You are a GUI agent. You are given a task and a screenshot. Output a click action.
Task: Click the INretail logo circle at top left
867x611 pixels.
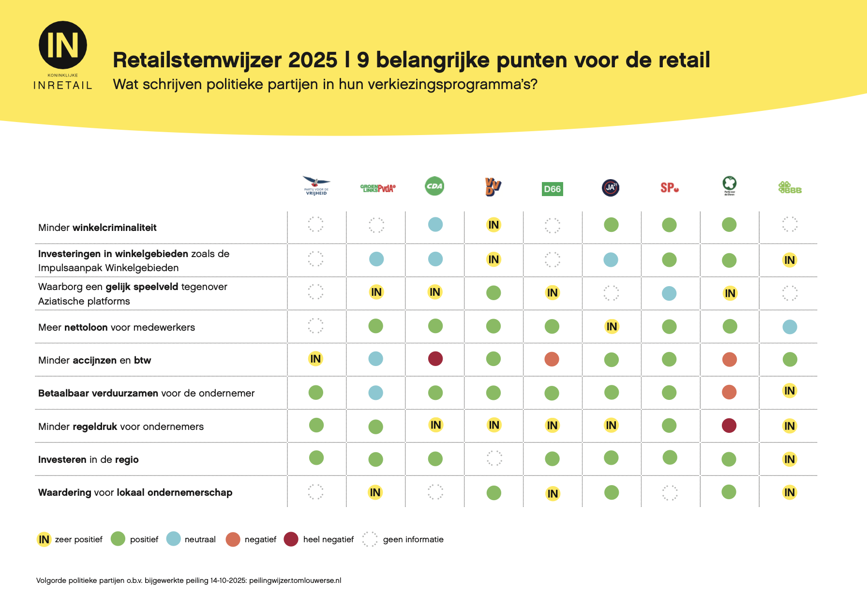pyautogui.click(x=63, y=45)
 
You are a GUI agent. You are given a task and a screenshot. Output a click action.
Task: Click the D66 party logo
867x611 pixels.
pyautogui.click(x=552, y=189)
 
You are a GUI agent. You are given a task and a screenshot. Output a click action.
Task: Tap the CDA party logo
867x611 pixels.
pyautogui.click(x=434, y=186)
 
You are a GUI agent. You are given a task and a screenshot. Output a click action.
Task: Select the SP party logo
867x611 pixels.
pyautogui.click(x=669, y=188)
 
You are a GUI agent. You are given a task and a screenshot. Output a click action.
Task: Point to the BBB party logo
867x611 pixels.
pyautogui.click(x=790, y=188)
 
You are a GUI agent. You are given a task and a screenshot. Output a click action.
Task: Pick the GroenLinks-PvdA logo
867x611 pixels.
pyautogui.click(x=378, y=188)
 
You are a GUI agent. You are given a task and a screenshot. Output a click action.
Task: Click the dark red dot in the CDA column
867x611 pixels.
pyautogui.click(x=435, y=359)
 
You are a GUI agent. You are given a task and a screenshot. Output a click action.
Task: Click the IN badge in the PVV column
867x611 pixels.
pyautogui.click(x=315, y=359)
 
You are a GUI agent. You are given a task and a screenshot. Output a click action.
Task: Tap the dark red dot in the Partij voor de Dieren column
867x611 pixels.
pyautogui.click(x=729, y=426)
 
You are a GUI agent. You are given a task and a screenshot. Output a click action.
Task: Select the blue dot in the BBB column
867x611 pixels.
pyautogui.click(x=790, y=327)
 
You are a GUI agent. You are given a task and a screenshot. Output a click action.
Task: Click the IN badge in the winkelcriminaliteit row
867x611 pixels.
pyautogui.click(x=493, y=225)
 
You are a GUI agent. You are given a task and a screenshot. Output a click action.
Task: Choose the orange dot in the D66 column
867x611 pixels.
pyautogui.click(x=552, y=359)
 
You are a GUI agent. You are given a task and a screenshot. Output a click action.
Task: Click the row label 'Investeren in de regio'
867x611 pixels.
pyautogui.click(x=88, y=459)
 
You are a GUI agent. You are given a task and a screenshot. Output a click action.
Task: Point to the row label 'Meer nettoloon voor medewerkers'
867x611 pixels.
pyautogui.click(x=116, y=327)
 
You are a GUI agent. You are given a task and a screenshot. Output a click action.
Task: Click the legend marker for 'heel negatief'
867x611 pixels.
pyautogui.click(x=291, y=539)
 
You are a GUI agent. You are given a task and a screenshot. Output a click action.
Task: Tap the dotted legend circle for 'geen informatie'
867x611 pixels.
pyautogui.click(x=370, y=539)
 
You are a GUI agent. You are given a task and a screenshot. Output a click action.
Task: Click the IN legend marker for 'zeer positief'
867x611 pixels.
pyautogui.click(x=44, y=539)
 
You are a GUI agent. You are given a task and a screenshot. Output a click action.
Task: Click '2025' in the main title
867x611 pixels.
pyautogui.click(x=313, y=60)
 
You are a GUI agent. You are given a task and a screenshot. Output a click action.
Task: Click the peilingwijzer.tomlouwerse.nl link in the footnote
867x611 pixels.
pyautogui.click(x=295, y=580)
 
